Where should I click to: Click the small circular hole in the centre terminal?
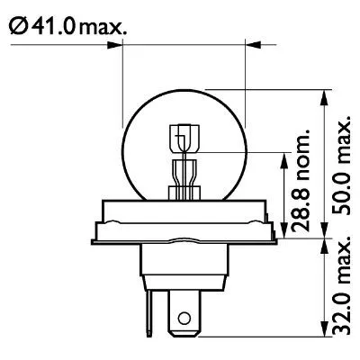click(x=184, y=319)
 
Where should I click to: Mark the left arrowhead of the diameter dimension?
click(x=127, y=42)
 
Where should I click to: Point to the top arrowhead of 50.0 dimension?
click(x=321, y=93)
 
